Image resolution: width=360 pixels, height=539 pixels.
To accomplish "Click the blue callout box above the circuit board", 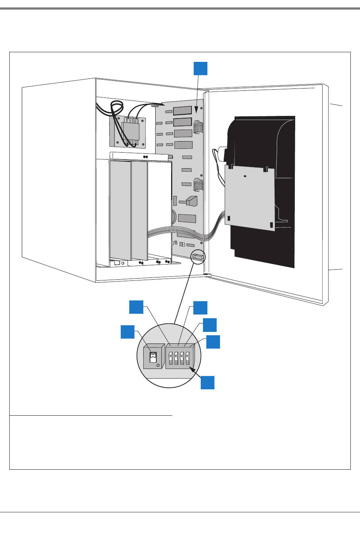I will point(200,69).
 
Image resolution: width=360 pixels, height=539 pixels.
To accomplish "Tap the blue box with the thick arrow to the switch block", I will point(207,382).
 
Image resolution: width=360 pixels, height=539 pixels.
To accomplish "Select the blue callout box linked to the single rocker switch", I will point(127,332).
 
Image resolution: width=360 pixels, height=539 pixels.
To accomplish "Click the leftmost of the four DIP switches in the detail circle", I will point(171,359).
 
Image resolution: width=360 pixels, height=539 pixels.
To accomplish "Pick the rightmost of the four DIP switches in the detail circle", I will point(187,359).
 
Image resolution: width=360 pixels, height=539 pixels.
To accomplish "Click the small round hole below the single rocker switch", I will point(159,365).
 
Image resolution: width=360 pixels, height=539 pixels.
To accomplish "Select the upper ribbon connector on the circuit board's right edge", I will point(199,126).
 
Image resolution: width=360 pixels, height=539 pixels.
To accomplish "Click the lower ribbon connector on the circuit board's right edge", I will point(199,184).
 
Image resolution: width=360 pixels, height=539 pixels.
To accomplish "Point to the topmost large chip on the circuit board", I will point(182,110).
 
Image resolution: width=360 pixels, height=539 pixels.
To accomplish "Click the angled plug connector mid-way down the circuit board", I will point(191,201).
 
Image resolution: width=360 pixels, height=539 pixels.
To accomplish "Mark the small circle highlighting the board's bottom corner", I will point(198,256).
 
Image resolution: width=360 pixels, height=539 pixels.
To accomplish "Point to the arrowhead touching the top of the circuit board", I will point(197,110).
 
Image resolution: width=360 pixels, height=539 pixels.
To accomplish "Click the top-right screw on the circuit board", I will point(201,109).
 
